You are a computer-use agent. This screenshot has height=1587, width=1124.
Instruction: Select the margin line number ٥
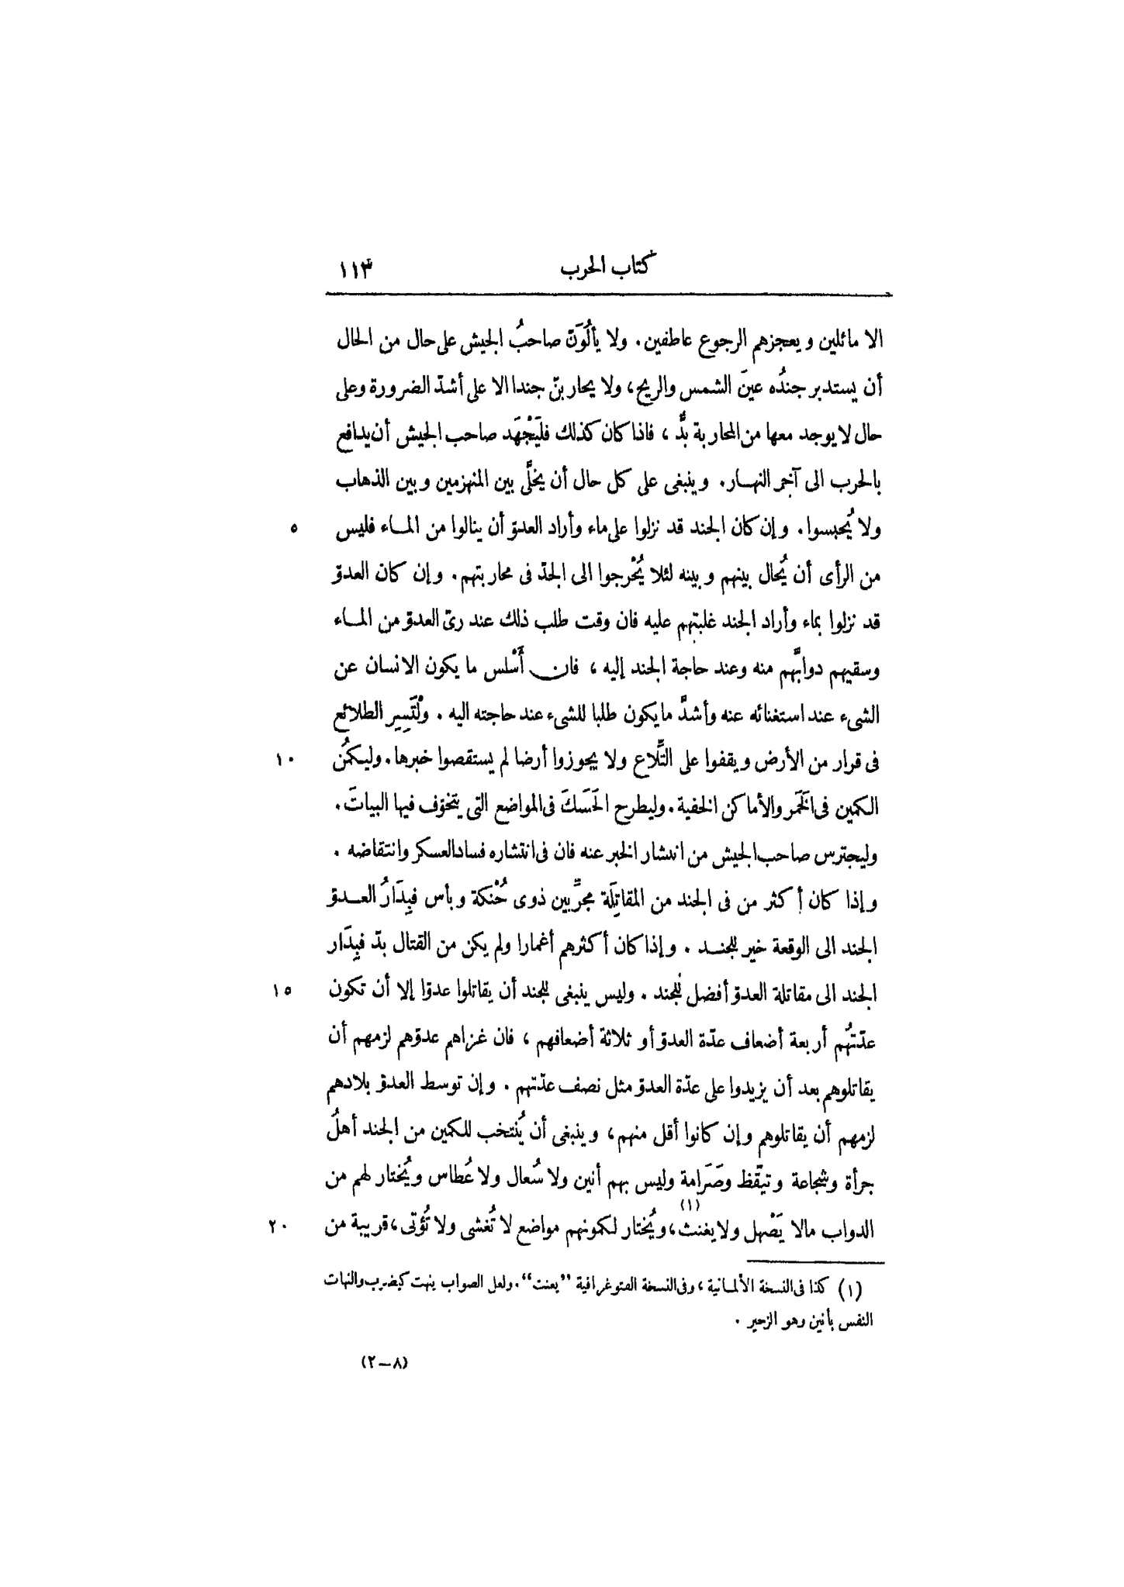pos(292,529)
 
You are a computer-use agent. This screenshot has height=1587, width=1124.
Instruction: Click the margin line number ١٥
pos(282,990)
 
